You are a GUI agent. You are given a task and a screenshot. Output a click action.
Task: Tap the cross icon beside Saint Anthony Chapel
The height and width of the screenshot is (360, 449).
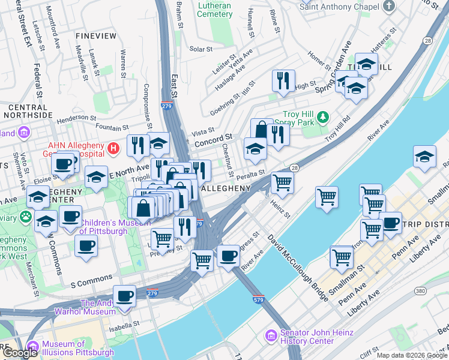[x=390, y=7]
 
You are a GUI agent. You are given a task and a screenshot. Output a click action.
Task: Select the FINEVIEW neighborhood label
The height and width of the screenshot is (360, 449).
[x=96, y=36]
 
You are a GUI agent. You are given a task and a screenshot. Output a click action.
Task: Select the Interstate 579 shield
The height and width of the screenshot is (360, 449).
[x=259, y=298]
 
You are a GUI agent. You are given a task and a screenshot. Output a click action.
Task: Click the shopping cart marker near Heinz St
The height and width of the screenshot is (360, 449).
[x=282, y=182]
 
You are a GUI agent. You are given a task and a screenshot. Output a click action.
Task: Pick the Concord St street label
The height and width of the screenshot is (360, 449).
[x=212, y=137]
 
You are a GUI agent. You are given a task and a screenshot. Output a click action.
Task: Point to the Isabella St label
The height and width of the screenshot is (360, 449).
[x=124, y=323]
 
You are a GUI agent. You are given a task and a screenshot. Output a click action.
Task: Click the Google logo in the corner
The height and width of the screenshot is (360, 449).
[x=20, y=353]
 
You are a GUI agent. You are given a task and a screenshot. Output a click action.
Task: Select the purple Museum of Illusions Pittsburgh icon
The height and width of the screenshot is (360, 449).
[x=32, y=346]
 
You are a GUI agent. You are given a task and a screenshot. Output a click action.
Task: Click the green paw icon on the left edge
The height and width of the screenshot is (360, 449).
[x=26, y=215]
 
